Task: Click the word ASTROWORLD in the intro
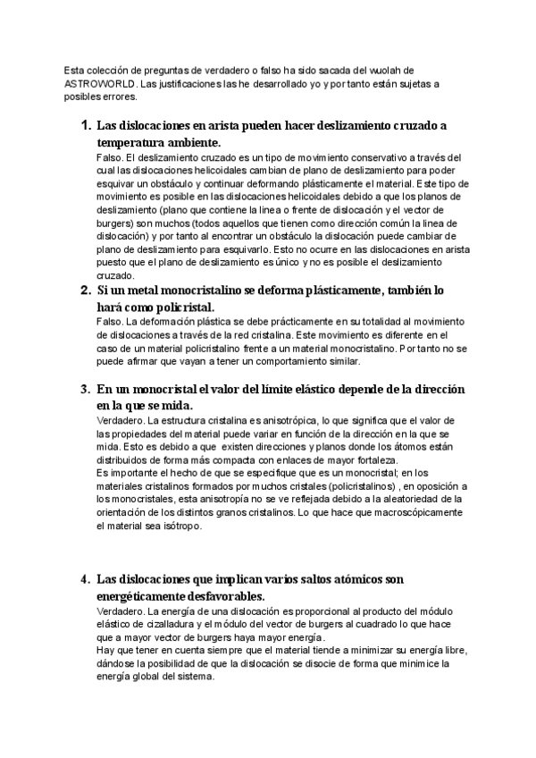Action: point(101,84)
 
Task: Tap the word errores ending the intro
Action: point(113,97)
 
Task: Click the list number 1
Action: point(86,125)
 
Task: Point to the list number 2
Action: point(86,291)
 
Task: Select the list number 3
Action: point(86,389)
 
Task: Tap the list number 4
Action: point(86,578)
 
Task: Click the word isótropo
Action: point(180,526)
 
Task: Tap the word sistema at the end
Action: point(194,678)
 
